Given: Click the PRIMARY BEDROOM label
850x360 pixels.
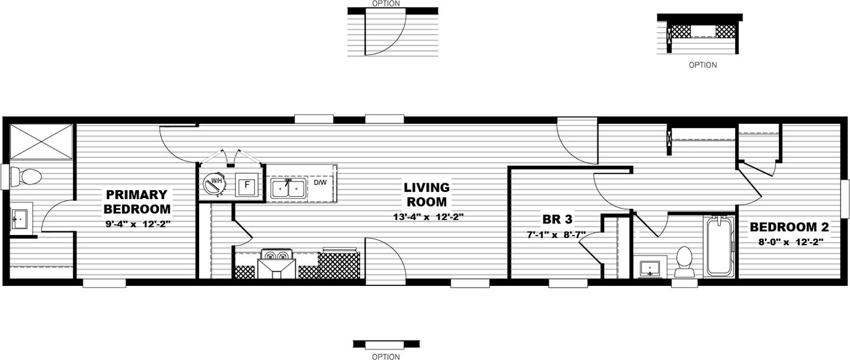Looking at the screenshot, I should [137, 202].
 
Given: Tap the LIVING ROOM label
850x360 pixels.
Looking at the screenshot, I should [427, 194].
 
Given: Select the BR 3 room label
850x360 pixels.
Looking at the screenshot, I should [557, 219].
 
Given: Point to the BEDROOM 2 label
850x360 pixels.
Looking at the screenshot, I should [789, 227].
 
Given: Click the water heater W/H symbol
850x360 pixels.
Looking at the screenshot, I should [214, 183].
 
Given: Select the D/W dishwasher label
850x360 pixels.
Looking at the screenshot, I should [319, 182].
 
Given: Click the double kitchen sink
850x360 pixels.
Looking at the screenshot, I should [288, 189].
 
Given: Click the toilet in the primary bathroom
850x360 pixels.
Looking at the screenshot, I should [27, 177].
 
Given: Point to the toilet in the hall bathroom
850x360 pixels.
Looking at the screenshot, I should [684, 262].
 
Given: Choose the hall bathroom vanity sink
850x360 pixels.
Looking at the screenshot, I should [651, 267].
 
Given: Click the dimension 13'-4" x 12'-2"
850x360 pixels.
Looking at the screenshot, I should [429, 217].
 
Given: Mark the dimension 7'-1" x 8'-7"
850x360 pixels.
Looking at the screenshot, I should [556, 234].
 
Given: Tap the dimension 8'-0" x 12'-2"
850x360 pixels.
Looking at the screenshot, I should [789, 242].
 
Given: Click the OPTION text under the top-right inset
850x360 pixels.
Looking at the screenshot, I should [702, 65].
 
